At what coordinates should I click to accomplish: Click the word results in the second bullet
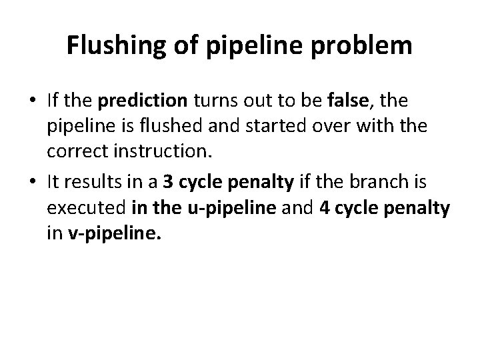click(x=88, y=183)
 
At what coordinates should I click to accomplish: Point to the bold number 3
click(x=166, y=183)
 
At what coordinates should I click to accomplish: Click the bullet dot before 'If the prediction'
click(x=33, y=102)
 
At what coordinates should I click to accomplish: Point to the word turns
click(x=217, y=101)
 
